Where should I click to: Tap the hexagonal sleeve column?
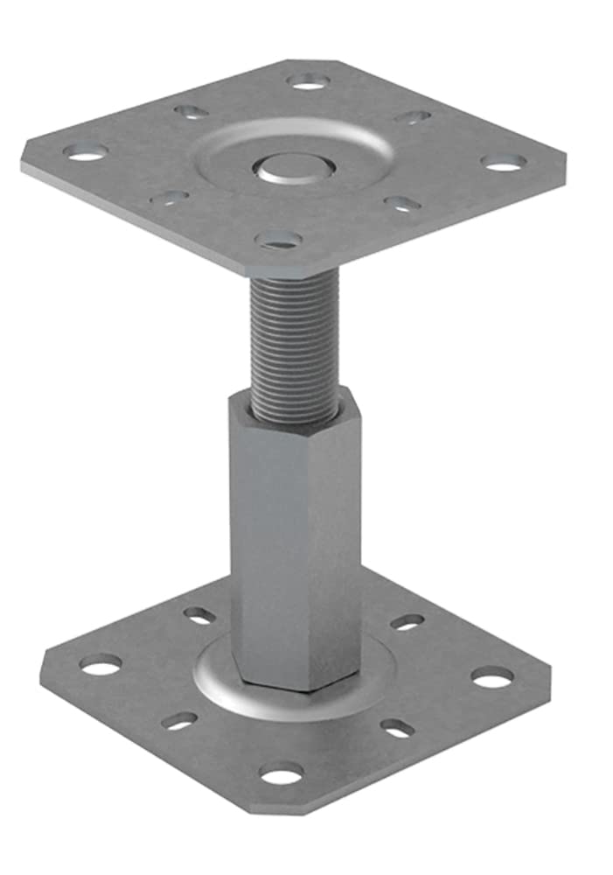pyautogui.click(x=296, y=542)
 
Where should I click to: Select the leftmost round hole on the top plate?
pyautogui.click(x=86, y=152)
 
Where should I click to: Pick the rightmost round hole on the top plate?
pyautogui.click(x=505, y=163)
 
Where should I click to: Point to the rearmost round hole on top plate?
pyautogui.click(x=309, y=81)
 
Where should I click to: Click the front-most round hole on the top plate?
pyautogui.click(x=279, y=239)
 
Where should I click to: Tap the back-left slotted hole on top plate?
pyautogui.click(x=190, y=111)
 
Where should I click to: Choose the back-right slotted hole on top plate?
pyautogui.click(x=412, y=117)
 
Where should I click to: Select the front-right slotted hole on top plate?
pyautogui.click(x=402, y=204)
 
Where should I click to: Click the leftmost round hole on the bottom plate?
pyautogui.click(x=101, y=665)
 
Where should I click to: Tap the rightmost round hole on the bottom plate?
pyautogui.click(x=492, y=676)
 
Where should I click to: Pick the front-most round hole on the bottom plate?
pyautogui.click(x=281, y=773)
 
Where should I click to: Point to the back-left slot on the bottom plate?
pyautogui.click(x=200, y=615)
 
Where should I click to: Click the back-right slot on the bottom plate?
pyautogui.click(x=407, y=622)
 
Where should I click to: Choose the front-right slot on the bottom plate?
pyautogui.click(x=398, y=728)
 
